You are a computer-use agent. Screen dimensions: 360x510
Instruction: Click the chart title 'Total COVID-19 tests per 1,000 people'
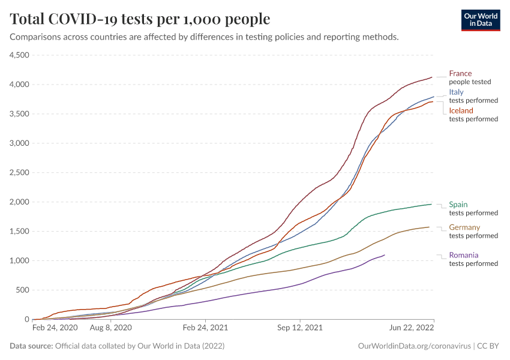140,19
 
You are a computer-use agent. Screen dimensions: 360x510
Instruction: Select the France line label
460,74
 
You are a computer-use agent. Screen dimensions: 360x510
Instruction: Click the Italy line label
456,92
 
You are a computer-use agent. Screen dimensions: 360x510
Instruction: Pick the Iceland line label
461,111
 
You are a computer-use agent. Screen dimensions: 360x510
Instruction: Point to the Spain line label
458,205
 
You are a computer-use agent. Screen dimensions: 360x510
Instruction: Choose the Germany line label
464,227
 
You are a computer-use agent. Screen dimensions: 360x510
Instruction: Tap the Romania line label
464,255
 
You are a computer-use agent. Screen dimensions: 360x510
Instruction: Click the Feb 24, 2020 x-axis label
55,328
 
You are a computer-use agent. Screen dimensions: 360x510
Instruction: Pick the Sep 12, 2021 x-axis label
300,328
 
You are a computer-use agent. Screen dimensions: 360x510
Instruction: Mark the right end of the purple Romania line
384,255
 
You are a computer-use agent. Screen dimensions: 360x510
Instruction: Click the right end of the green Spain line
431,205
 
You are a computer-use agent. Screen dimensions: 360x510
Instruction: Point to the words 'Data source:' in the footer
31,346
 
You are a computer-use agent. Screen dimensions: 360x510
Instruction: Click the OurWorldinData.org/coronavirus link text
413,346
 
